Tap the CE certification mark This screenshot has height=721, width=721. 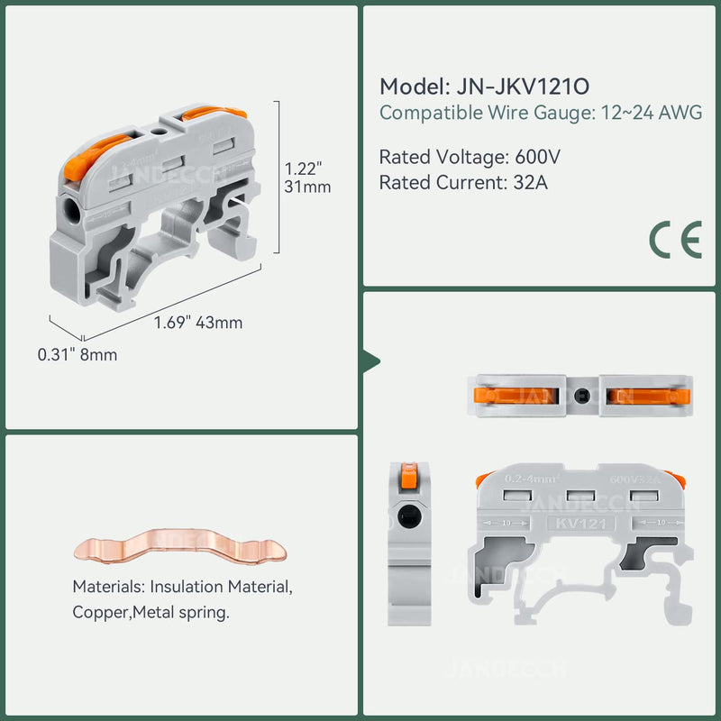click(675, 240)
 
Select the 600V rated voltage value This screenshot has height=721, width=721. click(537, 157)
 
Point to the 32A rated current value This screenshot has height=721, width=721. click(527, 182)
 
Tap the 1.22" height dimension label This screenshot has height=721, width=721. click(304, 169)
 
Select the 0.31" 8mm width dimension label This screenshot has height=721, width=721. click(78, 355)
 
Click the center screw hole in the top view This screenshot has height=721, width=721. click(581, 396)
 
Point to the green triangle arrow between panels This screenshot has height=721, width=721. click(370, 360)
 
